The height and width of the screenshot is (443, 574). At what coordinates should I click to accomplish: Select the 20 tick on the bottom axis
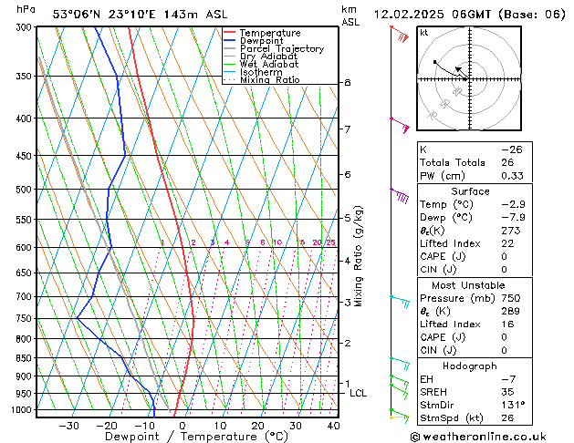click(x=257, y=425)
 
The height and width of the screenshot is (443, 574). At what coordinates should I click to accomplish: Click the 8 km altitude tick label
click(x=348, y=83)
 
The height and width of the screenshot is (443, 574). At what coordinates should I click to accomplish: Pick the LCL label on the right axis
click(x=358, y=393)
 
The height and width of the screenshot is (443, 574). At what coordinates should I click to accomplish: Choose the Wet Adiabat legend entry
click(x=268, y=65)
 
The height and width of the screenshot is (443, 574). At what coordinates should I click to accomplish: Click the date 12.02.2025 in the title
click(x=411, y=15)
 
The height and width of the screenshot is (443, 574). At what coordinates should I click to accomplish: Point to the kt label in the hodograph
click(x=424, y=33)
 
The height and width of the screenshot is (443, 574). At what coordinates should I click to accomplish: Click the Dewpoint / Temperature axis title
click(x=183, y=437)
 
